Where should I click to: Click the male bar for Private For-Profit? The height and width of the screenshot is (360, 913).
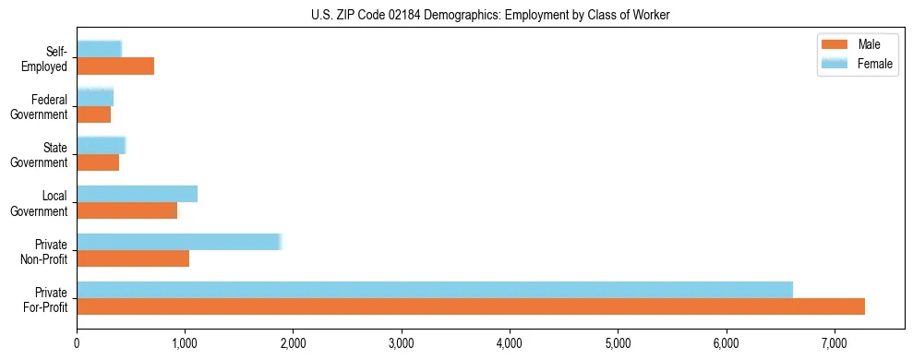471,306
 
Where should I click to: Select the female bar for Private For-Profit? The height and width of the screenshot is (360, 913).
435,290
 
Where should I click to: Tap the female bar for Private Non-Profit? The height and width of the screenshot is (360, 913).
179,242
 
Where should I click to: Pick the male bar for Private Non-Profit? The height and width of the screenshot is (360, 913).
133,258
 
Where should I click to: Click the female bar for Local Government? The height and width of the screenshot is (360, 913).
137,194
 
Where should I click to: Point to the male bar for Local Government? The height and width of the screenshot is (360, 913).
126,210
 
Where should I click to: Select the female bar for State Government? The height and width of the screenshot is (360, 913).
101,145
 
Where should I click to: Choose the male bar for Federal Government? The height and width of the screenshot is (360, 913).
93,114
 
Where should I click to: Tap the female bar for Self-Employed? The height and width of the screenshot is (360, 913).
99,49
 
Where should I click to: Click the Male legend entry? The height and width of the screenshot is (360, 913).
859,44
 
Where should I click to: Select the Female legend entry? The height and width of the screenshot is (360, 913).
859,64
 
